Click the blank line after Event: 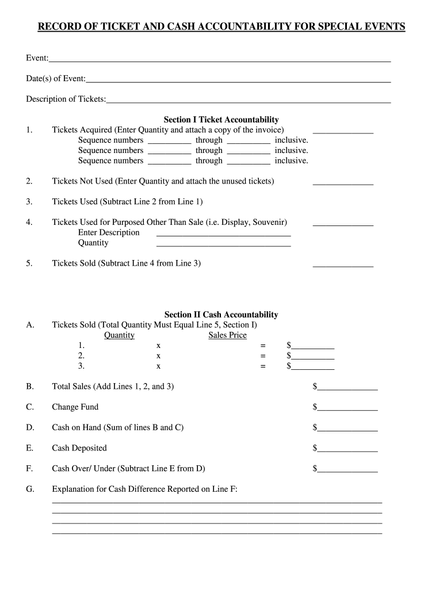(220, 59)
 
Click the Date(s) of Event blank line (238, 80)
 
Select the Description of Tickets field (249, 101)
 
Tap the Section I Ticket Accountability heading (221, 120)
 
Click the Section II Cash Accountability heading (221, 315)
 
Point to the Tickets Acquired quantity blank (343, 132)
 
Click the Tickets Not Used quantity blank (343, 183)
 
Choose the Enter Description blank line (223, 234)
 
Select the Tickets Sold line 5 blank (343, 265)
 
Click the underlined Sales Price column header (227, 335)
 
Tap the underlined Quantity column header (119, 335)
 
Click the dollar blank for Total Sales (347, 388)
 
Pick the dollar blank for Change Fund (347, 409)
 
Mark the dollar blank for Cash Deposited (347, 450)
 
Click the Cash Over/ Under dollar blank (347, 471)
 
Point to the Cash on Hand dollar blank (347, 429)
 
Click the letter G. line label (29, 489)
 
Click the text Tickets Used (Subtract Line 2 (104, 202)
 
